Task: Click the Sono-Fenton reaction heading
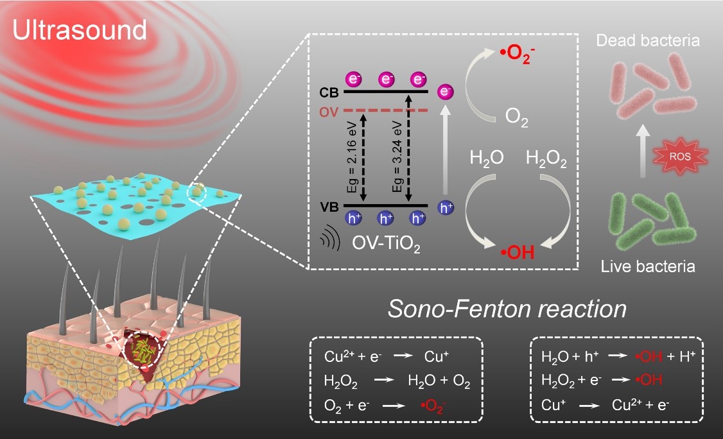507,309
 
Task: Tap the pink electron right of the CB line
443,92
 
